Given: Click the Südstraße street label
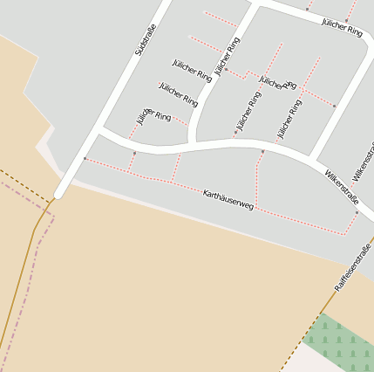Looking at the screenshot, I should pos(145,41).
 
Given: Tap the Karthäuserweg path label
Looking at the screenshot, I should pos(228,199).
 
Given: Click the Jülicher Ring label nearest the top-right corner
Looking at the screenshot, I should pos(342,27).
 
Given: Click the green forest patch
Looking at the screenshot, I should pos(344,343).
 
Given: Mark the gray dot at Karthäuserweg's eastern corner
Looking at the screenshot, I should pos(357,212).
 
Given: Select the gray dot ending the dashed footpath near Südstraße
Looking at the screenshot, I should pos(85,158).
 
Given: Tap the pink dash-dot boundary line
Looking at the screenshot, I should pos(26,288).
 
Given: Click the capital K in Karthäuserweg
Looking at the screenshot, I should pos(206,192).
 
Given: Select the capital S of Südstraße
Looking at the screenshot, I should pos(138,54).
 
